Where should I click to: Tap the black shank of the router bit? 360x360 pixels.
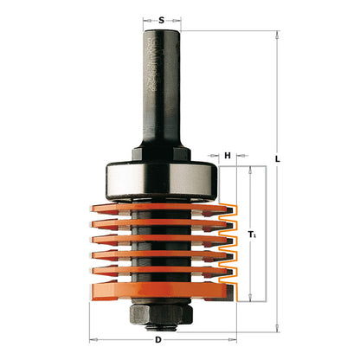coord(160,87)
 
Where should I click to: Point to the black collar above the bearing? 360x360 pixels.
coord(160,152)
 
